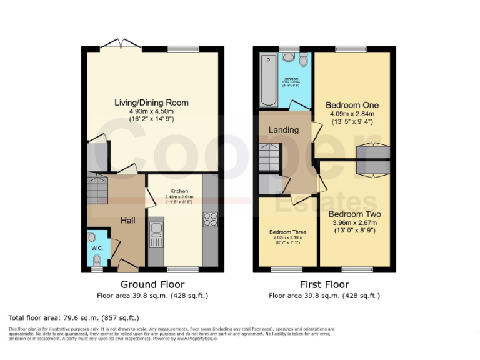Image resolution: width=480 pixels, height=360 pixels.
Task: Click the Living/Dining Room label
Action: [151, 102]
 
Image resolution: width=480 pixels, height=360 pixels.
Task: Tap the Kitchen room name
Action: [179, 191]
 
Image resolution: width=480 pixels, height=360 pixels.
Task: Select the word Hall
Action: [127, 220]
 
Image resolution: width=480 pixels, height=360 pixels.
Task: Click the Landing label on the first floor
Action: [283, 129]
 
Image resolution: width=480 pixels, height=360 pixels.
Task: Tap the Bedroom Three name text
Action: [287, 232]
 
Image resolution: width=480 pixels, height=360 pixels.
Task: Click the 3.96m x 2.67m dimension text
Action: [355, 223]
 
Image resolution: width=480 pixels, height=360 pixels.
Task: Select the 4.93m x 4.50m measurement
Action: [151, 111]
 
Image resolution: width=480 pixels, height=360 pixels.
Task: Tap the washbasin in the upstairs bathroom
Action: [288, 57]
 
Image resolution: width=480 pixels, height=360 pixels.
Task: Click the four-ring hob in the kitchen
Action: [210, 219]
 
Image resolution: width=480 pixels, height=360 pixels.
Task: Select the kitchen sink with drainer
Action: [156, 235]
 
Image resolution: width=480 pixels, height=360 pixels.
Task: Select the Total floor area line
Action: [74, 317]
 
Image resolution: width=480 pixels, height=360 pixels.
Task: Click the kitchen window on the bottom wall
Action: [181, 270]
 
